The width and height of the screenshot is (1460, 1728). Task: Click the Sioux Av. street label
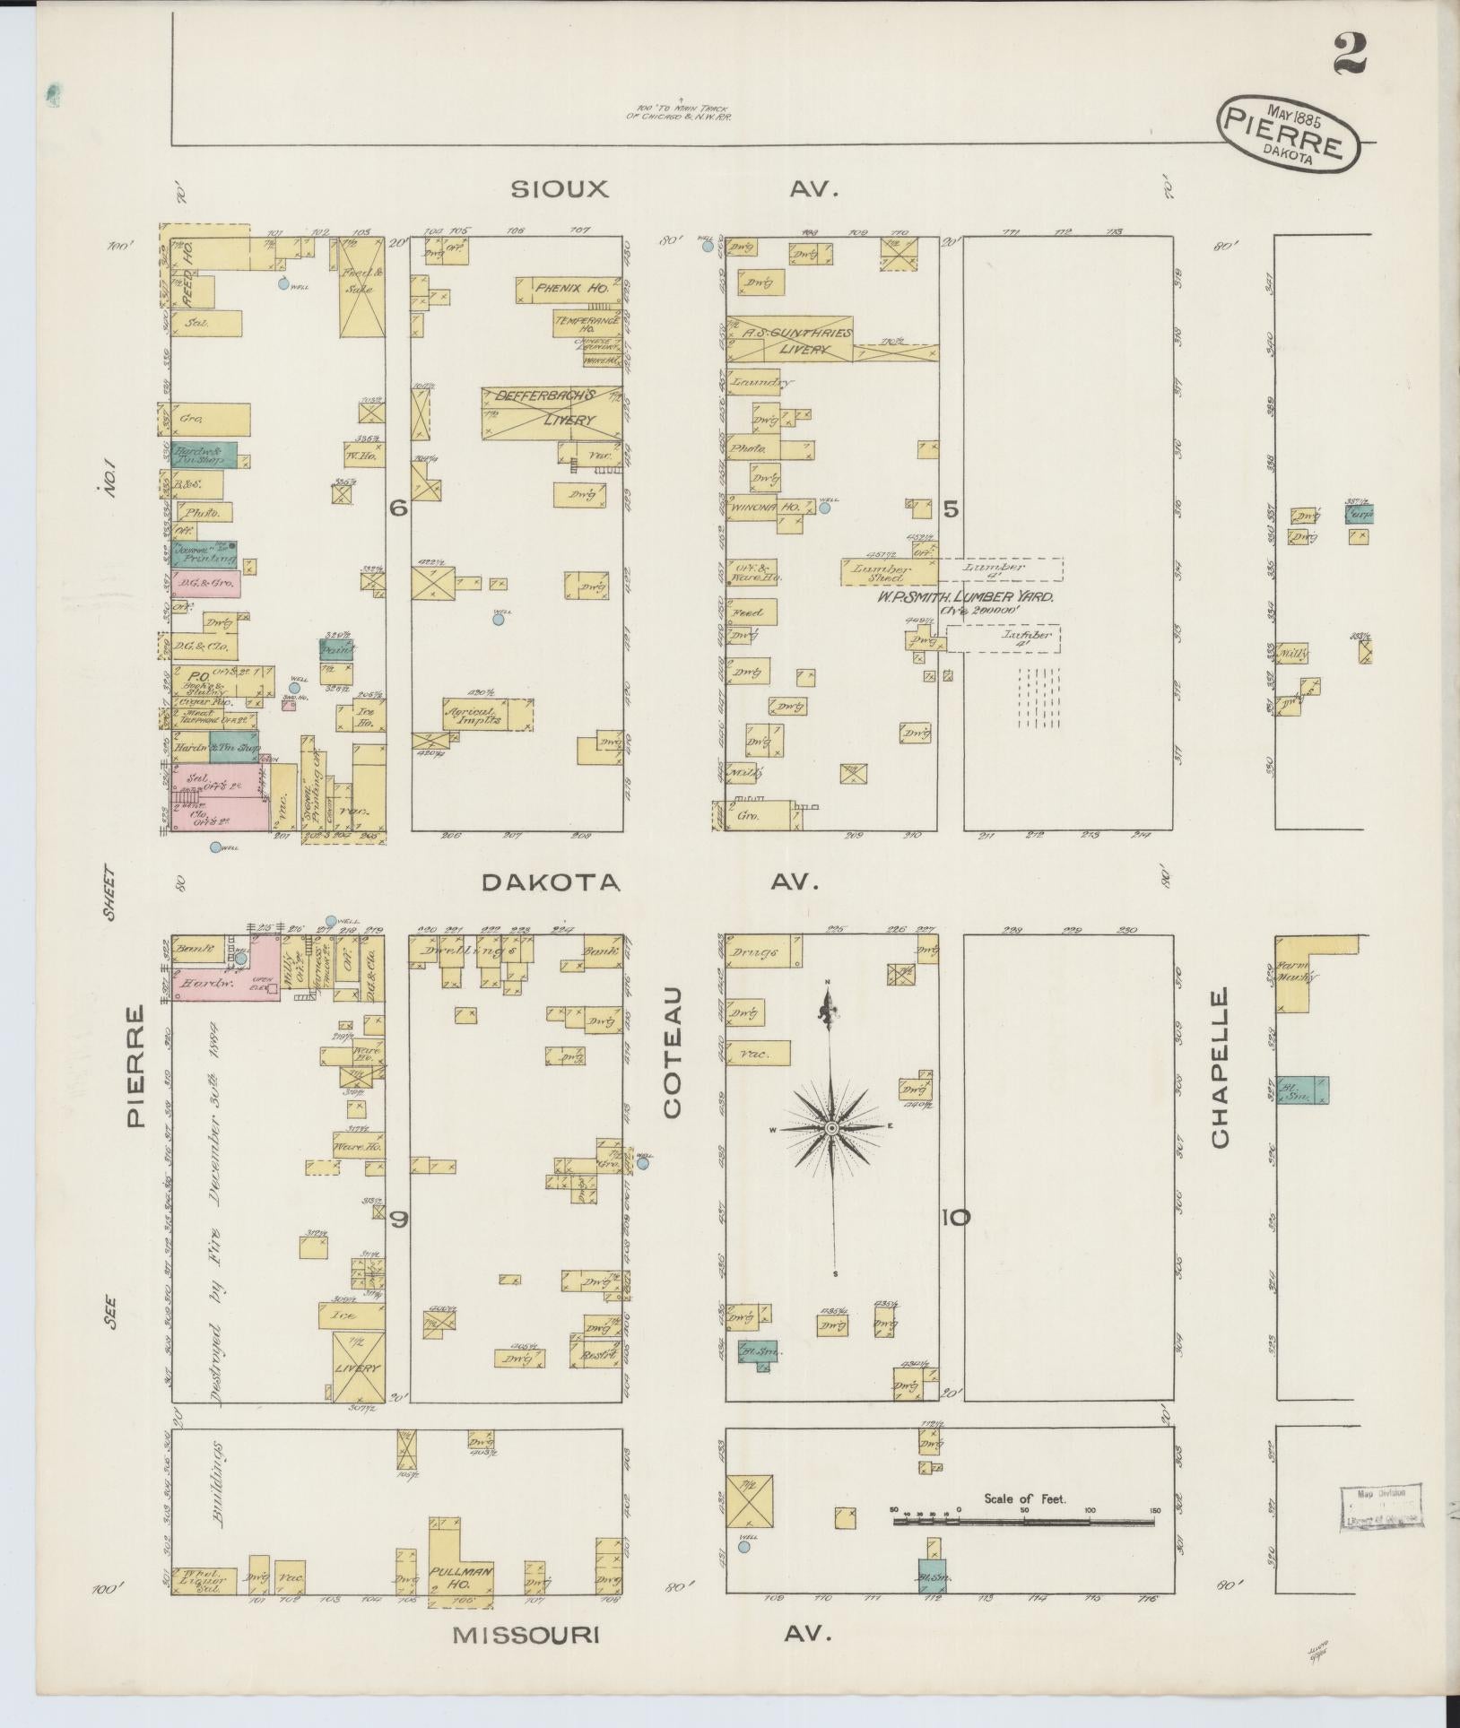(x=560, y=189)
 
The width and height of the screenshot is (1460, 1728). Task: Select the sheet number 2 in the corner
(x=1349, y=53)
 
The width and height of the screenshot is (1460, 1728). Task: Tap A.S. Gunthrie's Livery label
(x=789, y=339)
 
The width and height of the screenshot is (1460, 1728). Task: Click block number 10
(x=955, y=1218)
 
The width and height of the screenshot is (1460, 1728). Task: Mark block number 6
(x=398, y=508)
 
